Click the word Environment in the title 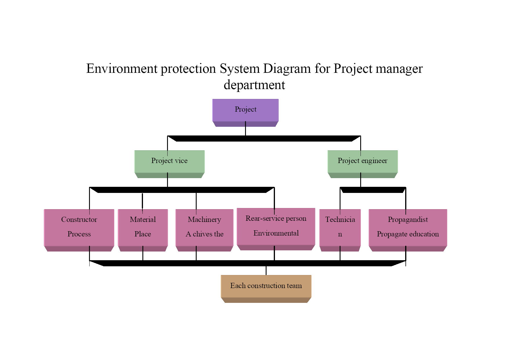coord(122,68)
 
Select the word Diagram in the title coord(287,69)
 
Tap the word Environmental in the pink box coord(276,233)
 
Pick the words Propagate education coord(408,234)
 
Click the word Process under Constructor coord(79,234)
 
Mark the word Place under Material coord(143,234)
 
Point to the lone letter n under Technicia coord(340,234)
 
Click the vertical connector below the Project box coord(245,129)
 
